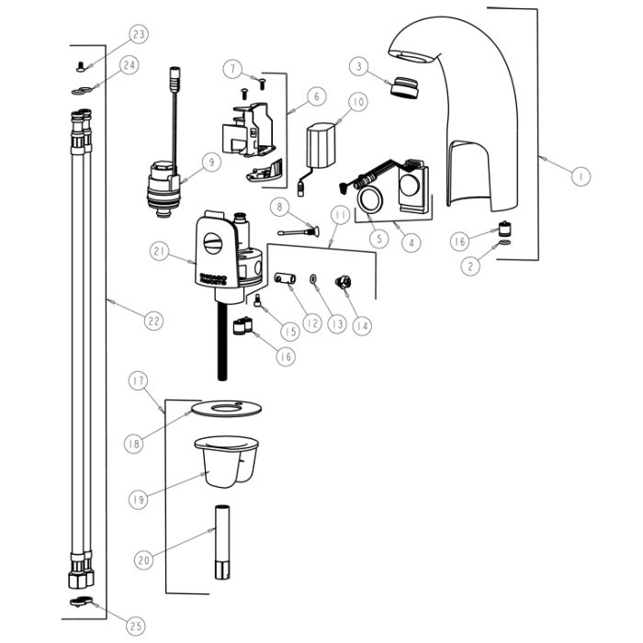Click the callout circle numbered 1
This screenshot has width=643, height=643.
(x=580, y=175)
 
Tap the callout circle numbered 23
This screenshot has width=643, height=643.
(x=140, y=36)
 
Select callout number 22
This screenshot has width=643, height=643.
(x=153, y=320)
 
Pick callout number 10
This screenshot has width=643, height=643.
(x=357, y=101)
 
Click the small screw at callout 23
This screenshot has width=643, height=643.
(x=80, y=64)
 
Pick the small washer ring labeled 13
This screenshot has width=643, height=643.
(x=314, y=278)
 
